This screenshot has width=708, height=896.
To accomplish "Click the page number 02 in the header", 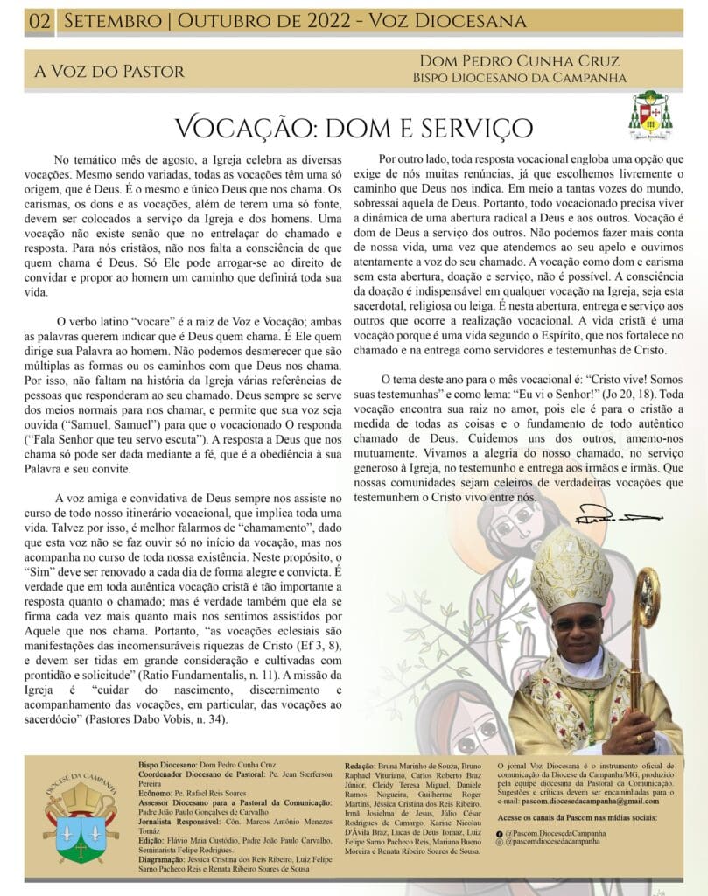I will click(39, 20).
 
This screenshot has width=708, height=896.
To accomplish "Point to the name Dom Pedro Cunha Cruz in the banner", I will click(520, 61).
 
